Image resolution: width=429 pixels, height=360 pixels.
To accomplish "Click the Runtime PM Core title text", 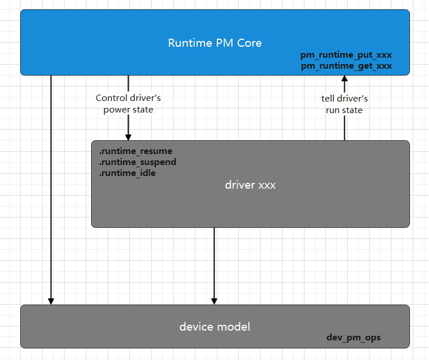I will (215, 43).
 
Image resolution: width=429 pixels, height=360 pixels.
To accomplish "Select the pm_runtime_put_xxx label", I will (346, 55).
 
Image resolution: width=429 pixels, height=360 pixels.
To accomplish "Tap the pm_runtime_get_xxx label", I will (346, 66).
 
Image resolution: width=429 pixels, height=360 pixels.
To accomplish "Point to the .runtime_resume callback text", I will (136, 151).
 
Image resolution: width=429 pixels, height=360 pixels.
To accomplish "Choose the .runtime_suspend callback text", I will (137, 162).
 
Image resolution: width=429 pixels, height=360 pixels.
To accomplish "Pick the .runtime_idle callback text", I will (127, 173).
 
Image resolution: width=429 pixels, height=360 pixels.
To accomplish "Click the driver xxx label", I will (250, 185).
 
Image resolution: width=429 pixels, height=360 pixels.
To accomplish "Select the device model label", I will (215, 327).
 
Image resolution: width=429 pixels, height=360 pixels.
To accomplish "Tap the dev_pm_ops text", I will (353, 337).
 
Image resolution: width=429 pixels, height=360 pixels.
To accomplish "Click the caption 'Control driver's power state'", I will (128, 104).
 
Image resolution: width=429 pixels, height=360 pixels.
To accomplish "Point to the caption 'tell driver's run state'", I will (344, 104).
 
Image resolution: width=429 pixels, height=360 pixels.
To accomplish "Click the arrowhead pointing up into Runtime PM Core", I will (344, 79).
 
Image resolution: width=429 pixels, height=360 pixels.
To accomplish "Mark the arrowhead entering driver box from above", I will (128, 137).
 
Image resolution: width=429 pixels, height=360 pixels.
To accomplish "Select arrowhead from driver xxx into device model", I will (214, 301).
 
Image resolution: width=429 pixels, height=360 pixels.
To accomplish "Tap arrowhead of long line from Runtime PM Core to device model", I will (51, 301).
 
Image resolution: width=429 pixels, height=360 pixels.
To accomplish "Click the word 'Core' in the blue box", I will (249, 43).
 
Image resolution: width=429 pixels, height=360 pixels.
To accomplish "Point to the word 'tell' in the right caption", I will (329, 99).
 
